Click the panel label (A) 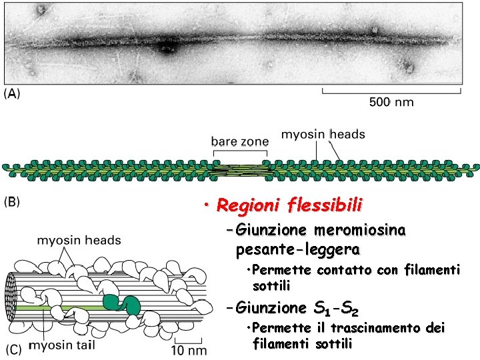pyautogui.click(x=13, y=94)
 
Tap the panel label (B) pyautogui.click(x=13, y=200)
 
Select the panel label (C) pyautogui.click(x=14, y=349)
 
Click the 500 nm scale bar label pyautogui.click(x=391, y=102)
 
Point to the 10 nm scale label pyautogui.click(x=190, y=350)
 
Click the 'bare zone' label pyautogui.click(x=240, y=141)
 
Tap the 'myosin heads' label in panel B pyautogui.click(x=323, y=134)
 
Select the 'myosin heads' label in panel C pyautogui.click(x=79, y=240)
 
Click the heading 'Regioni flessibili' pyautogui.click(x=289, y=205)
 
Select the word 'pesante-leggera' pyautogui.click(x=298, y=251)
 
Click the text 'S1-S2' pyautogui.click(x=336, y=309)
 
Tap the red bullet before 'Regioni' pyautogui.click(x=209, y=205)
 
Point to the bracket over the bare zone pyautogui.click(x=240, y=154)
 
